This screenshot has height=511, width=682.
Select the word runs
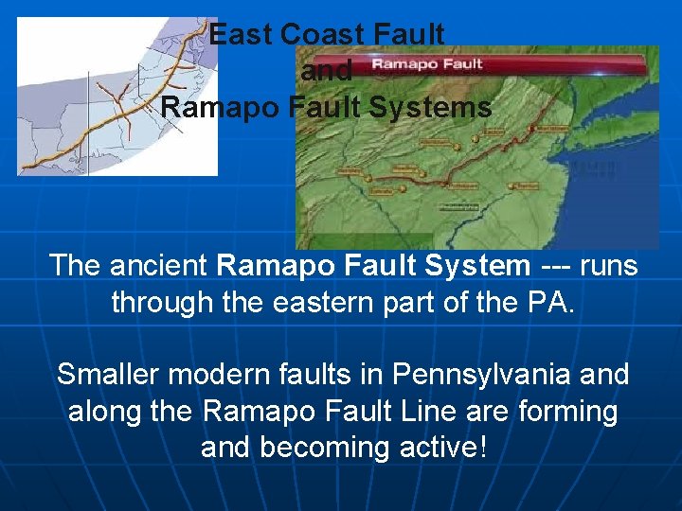click(610, 266)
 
